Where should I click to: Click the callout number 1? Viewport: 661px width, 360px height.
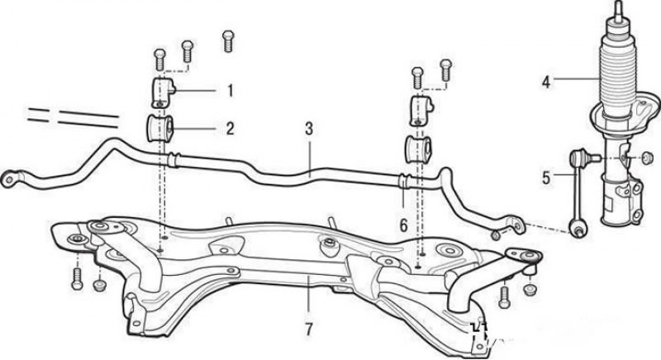pyautogui.click(x=231, y=88)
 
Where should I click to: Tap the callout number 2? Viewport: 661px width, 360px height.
pyautogui.click(x=231, y=128)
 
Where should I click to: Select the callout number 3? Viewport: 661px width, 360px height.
pyautogui.click(x=308, y=130)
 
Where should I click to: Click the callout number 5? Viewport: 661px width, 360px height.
pyautogui.click(x=545, y=176)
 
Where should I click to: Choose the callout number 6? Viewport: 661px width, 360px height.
pyautogui.click(x=404, y=225)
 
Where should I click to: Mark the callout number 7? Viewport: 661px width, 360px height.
pyautogui.click(x=308, y=329)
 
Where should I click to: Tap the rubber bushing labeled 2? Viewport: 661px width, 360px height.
pyautogui.click(x=160, y=128)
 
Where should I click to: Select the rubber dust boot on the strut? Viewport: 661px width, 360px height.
pyautogui.click(x=616, y=75)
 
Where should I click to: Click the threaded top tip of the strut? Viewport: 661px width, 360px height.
pyautogui.click(x=616, y=8)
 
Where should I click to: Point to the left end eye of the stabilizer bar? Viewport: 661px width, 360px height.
pyautogui.click(x=11, y=176)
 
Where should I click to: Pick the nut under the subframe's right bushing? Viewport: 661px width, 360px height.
pyautogui.click(x=530, y=288)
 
